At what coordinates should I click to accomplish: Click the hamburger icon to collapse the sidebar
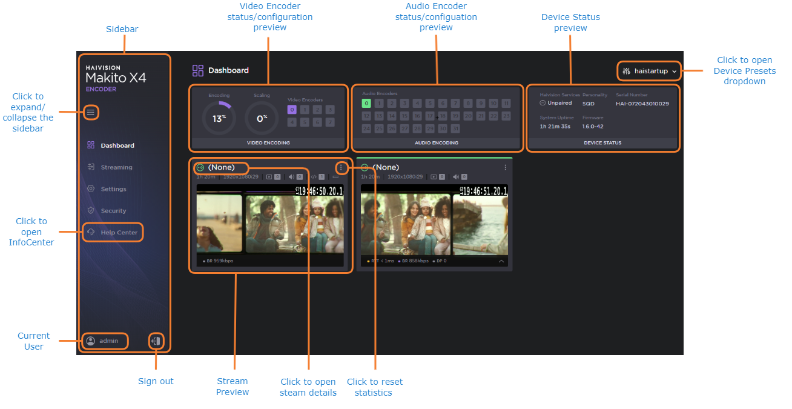pos(91,113)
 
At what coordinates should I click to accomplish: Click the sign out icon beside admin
pos(156,341)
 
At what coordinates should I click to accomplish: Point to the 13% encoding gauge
pos(219,118)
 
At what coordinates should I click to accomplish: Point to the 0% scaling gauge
pos(262,118)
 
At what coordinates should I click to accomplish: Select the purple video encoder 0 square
pos(292,110)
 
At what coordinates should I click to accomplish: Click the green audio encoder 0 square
pos(366,104)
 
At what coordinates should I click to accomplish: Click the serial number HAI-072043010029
pos(642,104)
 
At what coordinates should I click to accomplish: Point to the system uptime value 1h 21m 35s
pos(555,127)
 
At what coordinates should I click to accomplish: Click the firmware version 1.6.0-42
pos(593,127)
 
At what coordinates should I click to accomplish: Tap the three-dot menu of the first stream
pos(342,167)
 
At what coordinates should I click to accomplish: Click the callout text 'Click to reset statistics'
pos(374,387)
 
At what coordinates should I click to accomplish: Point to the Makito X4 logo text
pos(116,78)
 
